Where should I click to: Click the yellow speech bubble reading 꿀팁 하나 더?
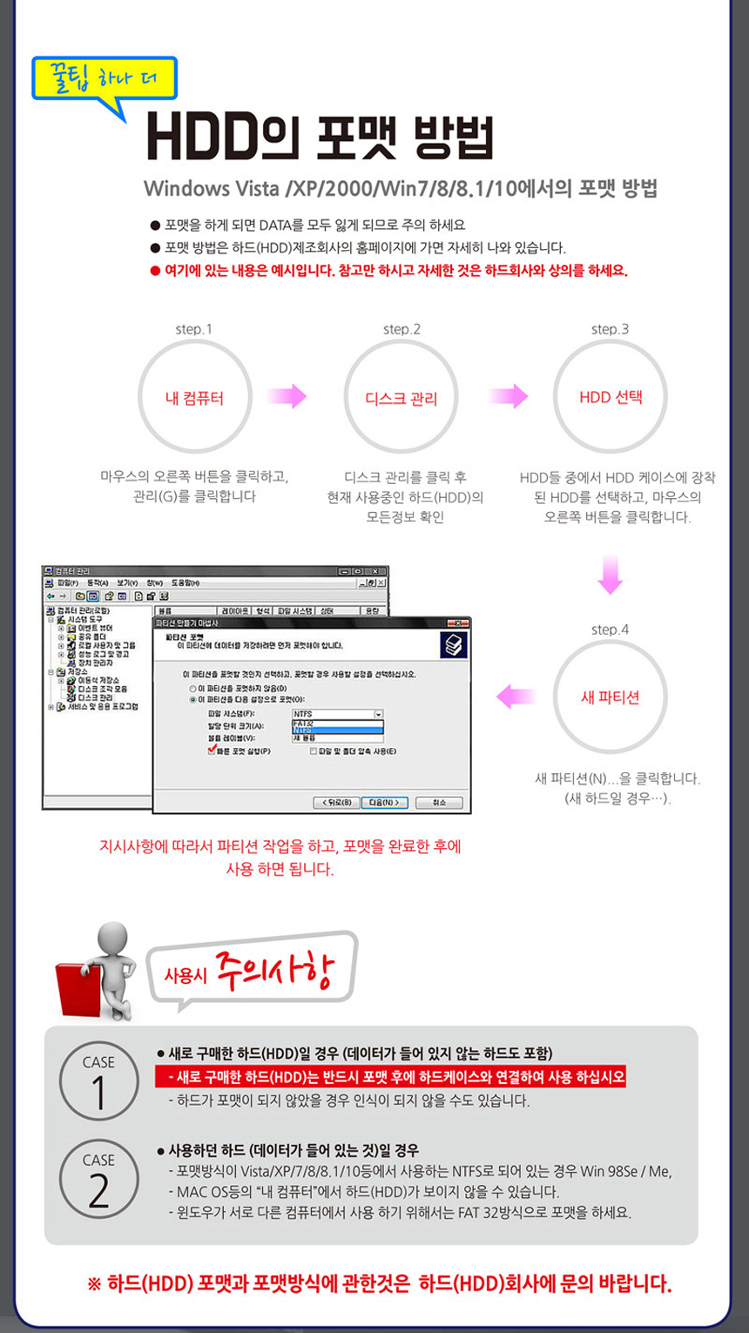(104, 79)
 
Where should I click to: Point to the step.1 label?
(193, 329)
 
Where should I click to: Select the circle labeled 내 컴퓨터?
(194, 397)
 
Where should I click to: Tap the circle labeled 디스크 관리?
(401, 397)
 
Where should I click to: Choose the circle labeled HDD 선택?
(611, 397)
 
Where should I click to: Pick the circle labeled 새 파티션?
(610, 697)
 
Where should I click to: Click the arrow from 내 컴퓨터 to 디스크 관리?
(287, 397)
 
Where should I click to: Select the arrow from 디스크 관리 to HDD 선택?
(509, 397)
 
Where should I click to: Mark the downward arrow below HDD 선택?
(610, 576)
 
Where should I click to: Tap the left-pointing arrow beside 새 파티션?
(516, 697)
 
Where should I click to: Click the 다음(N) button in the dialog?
(384, 802)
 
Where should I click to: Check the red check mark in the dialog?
(212, 749)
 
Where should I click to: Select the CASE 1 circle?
(98, 1082)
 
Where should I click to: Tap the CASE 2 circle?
(98, 1180)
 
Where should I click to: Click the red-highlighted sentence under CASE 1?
(390, 1077)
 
